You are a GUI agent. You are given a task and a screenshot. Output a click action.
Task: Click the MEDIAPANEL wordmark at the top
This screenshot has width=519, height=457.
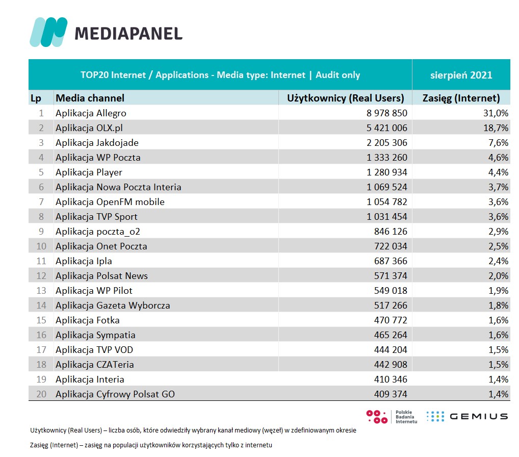click(x=128, y=34)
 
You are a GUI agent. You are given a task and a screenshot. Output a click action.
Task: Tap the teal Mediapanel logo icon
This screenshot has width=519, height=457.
click(x=49, y=32)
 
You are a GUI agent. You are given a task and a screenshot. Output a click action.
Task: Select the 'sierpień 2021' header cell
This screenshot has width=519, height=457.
click(x=461, y=75)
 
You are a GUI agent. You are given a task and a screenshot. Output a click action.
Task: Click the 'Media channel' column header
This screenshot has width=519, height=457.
click(x=90, y=98)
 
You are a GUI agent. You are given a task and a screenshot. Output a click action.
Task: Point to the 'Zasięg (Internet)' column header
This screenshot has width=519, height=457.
click(x=461, y=98)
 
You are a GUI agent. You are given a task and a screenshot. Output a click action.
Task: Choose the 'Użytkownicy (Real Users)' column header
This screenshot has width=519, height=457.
click(x=346, y=98)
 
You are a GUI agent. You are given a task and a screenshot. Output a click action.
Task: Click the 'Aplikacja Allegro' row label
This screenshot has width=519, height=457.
click(x=91, y=113)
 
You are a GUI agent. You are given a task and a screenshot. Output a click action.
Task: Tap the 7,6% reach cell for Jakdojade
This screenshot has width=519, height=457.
click(x=498, y=143)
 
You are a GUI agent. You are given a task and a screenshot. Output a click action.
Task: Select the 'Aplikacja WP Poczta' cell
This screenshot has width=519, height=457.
click(x=98, y=158)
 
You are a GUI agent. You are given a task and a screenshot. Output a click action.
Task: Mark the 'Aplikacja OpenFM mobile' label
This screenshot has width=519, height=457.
click(x=110, y=202)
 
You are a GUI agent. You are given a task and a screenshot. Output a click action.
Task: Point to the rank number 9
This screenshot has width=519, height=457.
click(x=42, y=232)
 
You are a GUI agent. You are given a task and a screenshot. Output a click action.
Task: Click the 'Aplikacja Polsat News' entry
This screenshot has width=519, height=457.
click(x=101, y=276)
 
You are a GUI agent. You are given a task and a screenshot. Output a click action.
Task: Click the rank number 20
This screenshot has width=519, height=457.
click(x=41, y=394)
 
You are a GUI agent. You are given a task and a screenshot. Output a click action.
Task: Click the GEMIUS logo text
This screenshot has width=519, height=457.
click(x=478, y=416)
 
